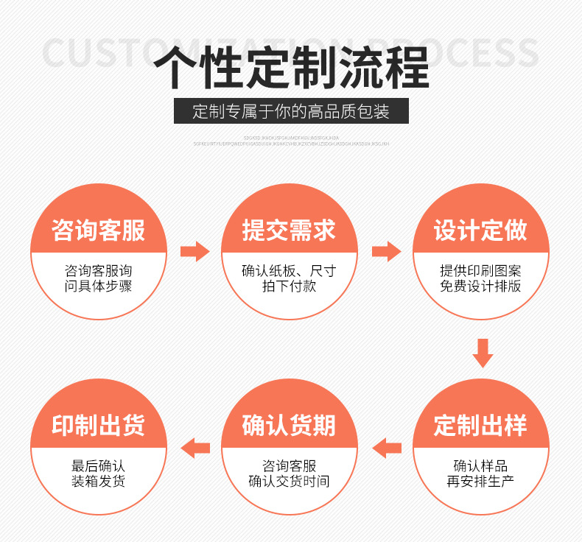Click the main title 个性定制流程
291,67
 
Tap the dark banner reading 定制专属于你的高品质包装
291,112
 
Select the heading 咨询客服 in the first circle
99,230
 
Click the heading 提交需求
290,230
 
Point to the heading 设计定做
480,230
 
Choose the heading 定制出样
480,425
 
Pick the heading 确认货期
290,425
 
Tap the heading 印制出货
99,425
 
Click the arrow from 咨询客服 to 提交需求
194,251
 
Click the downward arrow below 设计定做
483,353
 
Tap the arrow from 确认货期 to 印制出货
195,446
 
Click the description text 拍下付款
290,286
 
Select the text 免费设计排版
480,286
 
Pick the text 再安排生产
480,482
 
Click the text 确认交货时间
290,482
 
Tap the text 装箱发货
99,482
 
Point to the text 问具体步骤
99,286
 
